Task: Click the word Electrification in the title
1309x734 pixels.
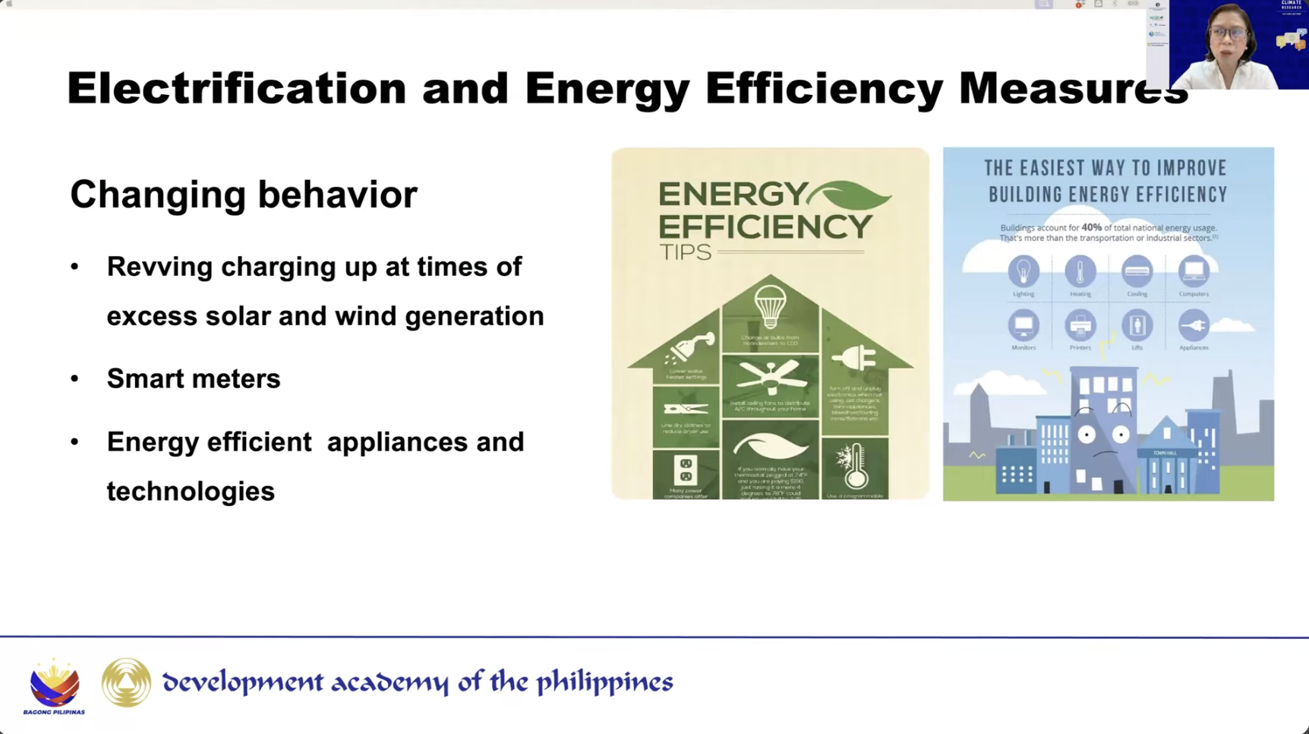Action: (236, 88)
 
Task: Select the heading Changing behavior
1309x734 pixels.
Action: (243, 195)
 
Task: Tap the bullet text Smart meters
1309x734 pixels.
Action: (194, 378)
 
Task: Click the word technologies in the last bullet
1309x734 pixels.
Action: (191, 491)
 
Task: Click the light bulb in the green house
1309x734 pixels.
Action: (770, 306)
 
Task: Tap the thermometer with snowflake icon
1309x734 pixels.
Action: (855, 465)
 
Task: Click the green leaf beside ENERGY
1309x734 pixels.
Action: (850, 196)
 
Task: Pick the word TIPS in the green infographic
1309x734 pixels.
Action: (685, 252)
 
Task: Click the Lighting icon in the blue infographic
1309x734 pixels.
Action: (1024, 271)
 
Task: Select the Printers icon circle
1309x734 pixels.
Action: (1080, 325)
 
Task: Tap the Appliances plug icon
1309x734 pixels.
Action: (1193, 325)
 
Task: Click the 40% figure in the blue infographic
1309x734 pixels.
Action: (1091, 227)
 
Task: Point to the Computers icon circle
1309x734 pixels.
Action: (1193, 271)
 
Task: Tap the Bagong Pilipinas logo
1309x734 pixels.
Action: (54, 685)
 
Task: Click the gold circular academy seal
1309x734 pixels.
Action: (126, 682)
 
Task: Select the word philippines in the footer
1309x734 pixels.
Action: (604, 682)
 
